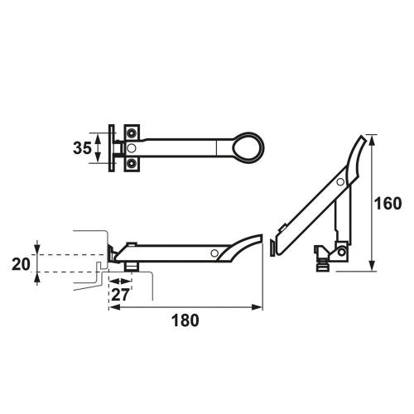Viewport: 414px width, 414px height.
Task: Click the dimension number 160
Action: (x=388, y=203)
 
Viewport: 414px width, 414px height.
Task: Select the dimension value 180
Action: (x=185, y=320)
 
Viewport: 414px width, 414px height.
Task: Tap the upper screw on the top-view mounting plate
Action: (x=131, y=133)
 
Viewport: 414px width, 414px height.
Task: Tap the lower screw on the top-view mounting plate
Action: (x=131, y=164)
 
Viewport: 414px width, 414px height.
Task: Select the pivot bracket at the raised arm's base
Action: (x=325, y=255)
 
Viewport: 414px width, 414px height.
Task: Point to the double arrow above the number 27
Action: (x=120, y=279)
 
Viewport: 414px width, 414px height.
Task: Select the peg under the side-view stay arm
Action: (x=133, y=264)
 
